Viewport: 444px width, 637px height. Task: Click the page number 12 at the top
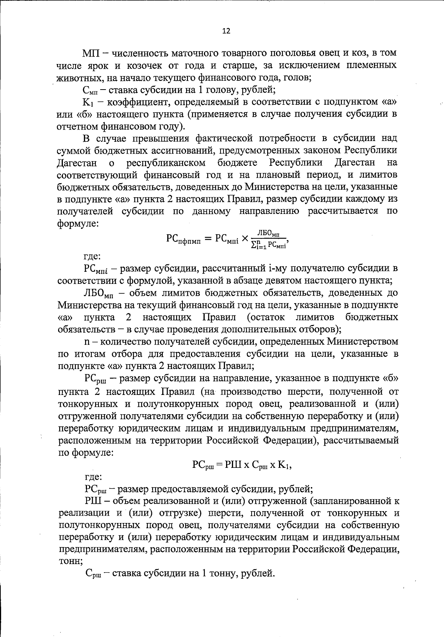(226, 31)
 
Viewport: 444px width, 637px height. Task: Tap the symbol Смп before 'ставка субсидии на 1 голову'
(89, 90)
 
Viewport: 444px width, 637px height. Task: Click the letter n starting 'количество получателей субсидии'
(87, 342)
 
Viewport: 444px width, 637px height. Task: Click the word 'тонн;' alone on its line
(70, 561)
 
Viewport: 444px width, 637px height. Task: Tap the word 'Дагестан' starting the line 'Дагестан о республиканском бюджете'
(77, 163)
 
